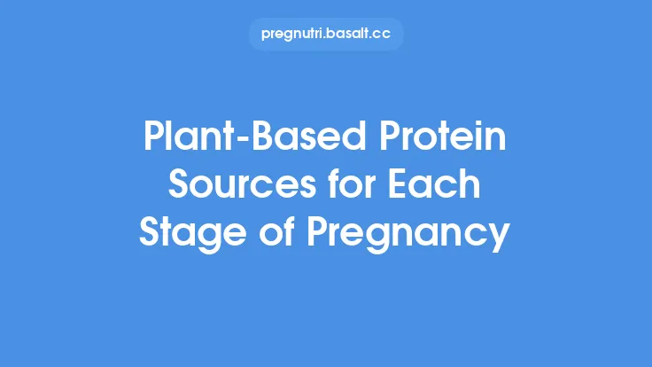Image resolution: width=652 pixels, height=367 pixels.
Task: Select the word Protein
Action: (435, 139)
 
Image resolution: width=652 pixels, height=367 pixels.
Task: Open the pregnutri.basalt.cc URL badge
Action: (326, 35)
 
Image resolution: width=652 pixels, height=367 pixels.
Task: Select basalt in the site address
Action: (351, 35)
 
